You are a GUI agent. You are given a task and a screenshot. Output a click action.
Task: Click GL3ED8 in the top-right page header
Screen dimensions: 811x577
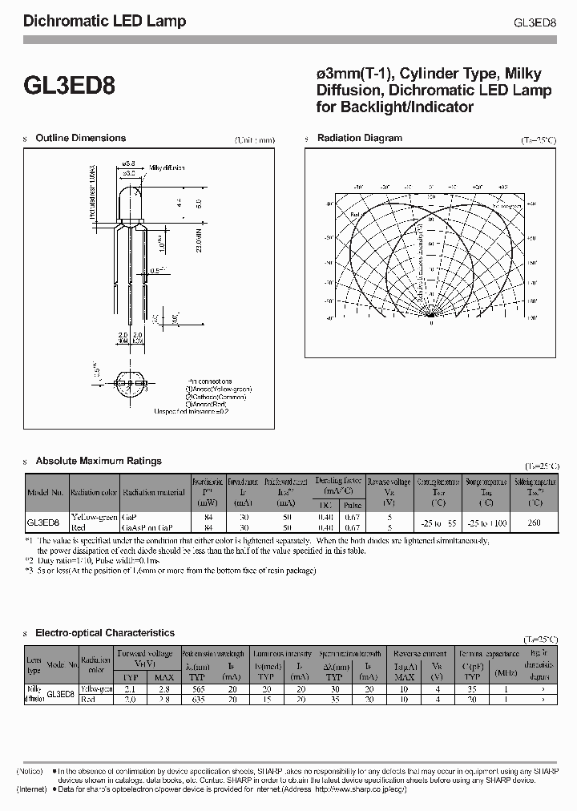click(535, 22)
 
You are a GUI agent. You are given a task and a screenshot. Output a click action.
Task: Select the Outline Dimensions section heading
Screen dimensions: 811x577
click(80, 138)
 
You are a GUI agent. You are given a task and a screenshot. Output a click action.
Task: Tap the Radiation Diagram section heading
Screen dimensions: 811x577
click(360, 138)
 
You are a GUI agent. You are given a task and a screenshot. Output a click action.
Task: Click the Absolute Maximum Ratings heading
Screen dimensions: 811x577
click(99, 461)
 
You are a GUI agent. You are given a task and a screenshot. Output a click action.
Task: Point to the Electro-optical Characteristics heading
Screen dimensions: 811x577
click(105, 633)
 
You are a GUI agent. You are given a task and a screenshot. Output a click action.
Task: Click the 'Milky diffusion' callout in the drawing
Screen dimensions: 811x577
click(167, 168)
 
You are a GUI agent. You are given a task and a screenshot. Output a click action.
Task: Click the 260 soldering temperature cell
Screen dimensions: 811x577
click(534, 523)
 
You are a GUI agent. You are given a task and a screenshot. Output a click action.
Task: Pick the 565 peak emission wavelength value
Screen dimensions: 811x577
click(197, 689)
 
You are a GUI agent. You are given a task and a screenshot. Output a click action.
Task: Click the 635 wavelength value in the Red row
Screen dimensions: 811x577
click(197, 699)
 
